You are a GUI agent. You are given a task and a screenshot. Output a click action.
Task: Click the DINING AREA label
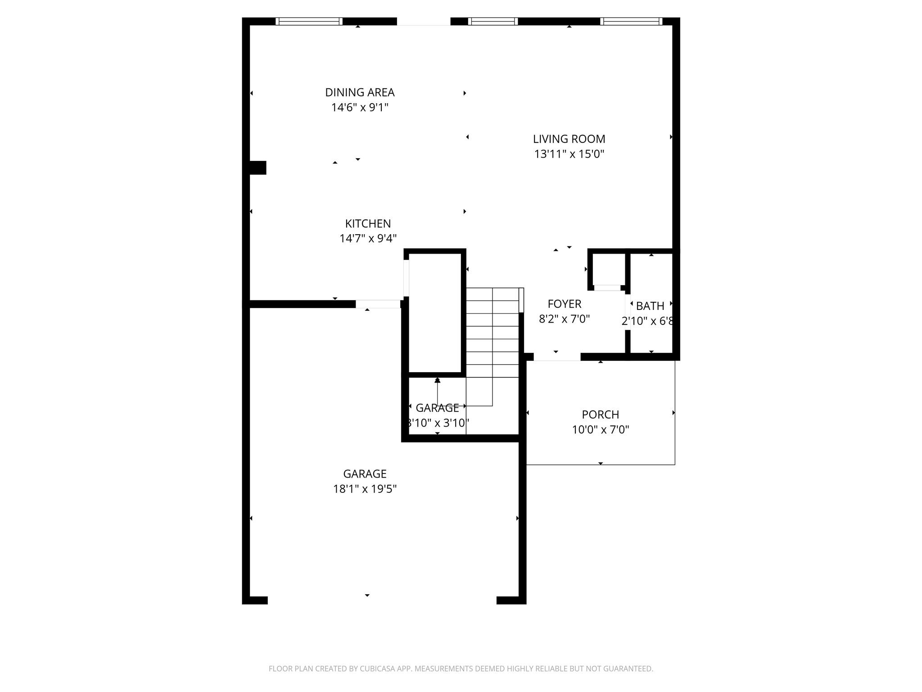click(360, 92)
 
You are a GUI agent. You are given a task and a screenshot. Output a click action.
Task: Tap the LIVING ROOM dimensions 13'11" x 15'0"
click(569, 154)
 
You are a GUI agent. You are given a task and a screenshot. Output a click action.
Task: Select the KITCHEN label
click(368, 223)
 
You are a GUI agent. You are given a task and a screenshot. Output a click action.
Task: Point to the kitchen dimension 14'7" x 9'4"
click(368, 238)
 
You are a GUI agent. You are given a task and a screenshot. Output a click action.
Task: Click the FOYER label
click(564, 304)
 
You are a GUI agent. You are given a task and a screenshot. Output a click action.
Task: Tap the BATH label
click(650, 306)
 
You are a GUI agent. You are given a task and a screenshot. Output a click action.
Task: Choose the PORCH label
click(600, 414)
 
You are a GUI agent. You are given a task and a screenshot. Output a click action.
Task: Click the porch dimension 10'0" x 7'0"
click(600, 429)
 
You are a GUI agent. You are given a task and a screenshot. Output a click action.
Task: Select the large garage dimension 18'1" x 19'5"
click(365, 489)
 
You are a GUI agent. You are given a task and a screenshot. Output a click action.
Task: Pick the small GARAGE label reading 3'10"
click(437, 408)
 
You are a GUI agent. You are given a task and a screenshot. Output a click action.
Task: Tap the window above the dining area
click(309, 21)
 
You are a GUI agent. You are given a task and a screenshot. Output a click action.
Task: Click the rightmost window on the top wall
click(631, 21)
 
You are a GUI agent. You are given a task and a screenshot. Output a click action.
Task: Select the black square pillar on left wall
click(258, 168)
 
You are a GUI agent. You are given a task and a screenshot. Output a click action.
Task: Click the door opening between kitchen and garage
click(378, 304)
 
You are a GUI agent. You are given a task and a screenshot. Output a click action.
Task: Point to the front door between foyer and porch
click(557, 357)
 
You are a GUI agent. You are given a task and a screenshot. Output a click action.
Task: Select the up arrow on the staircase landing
click(437, 381)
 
